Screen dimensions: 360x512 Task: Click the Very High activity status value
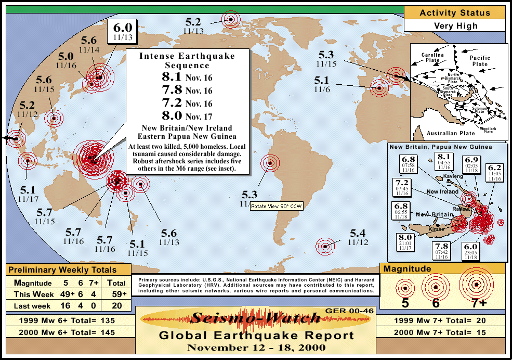pyautogui.click(x=455, y=25)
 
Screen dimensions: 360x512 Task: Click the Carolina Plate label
pyautogui.click(x=432, y=57)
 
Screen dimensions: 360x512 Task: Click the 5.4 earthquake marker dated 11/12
pyautogui.click(x=325, y=247)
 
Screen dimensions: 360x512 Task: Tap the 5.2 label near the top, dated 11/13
pyautogui.click(x=193, y=23)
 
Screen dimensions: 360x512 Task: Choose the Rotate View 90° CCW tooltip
pyautogui.click(x=276, y=207)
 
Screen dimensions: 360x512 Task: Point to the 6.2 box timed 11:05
pyautogui.click(x=494, y=172)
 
